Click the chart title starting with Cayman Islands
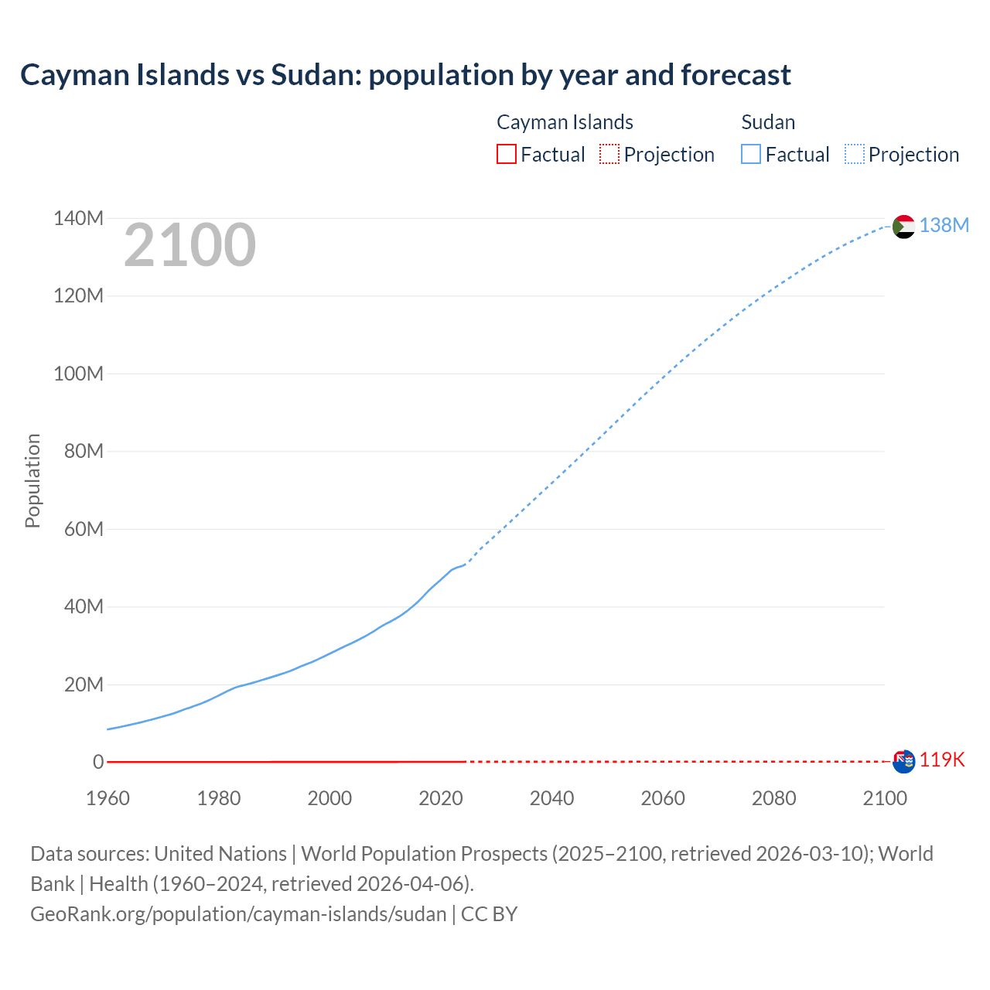click(x=405, y=75)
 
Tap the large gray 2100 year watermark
click(x=189, y=245)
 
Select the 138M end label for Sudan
click(x=944, y=225)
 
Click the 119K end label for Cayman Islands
click(x=942, y=760)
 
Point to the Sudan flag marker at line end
click(x=903, y=227)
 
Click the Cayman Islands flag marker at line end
click(x=903, y=761)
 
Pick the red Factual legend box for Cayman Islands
click(x=506, y=155)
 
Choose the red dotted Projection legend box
click(x=609, y=155)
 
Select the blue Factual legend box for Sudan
click(x=750, y=155)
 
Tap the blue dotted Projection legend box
click(x=855, y=155)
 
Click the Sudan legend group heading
click(x=768, y=122)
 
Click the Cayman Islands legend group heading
click(x=565, y=122)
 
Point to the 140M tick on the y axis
click(x=78, y=219)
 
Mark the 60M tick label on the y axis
click(x=84, y=530)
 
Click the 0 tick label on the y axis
click(x=98, y=763)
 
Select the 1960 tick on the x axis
click(x=108, y=798)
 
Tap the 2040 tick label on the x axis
click(x=551, y=798)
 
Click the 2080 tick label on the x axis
click(x=773, y=798)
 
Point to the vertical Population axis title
click(x=32, y=480)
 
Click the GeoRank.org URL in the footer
click(x=238, y=914)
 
